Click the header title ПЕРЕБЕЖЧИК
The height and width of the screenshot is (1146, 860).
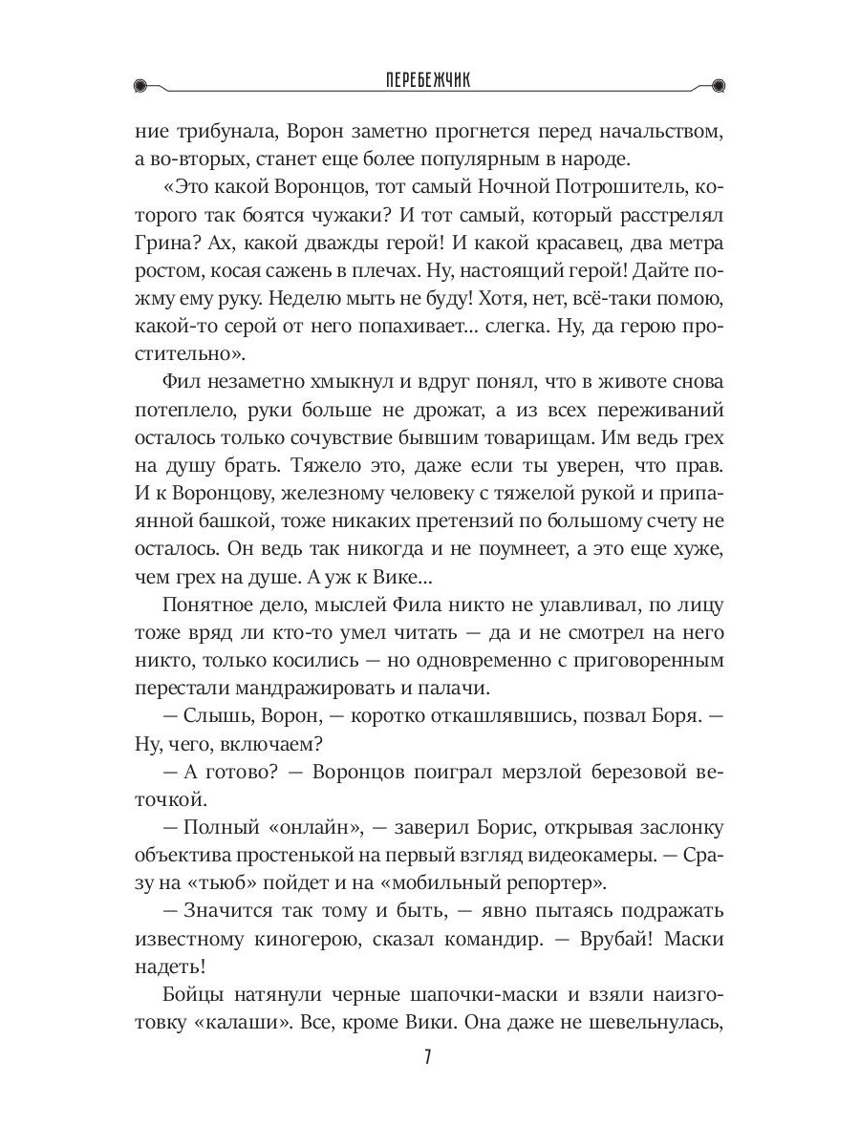click(x=429, y=83)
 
